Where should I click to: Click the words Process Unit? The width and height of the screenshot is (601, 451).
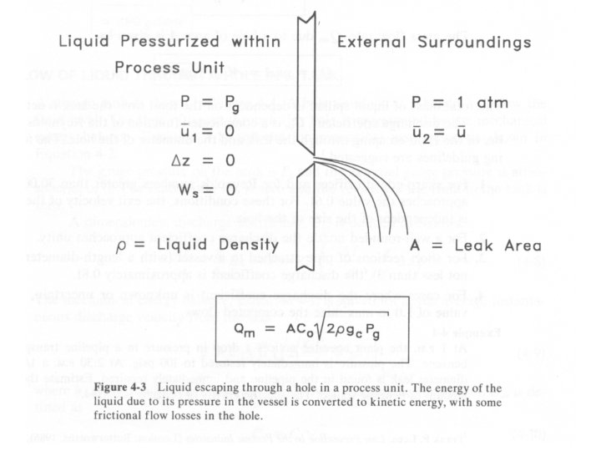[x=171, y=66]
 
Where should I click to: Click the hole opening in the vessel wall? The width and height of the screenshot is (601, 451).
[x=310, y=159]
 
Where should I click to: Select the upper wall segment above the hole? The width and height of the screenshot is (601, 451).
[x=310, y=84]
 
